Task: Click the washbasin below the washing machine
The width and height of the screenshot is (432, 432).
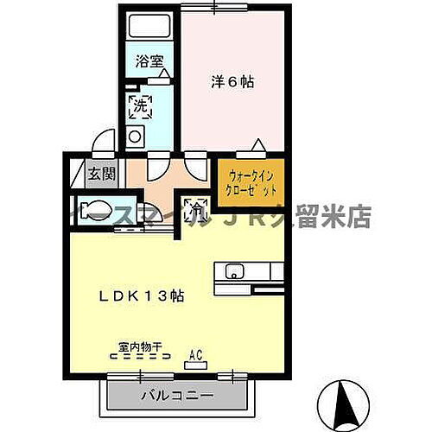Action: pyautogui.click(x=136, y=136)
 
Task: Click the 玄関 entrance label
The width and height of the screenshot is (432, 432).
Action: pyautogui.click(x=100, y=174)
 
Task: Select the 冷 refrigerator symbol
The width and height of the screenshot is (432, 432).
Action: pyautogui.click(x=198, y=207)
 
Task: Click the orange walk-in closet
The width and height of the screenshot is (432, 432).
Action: pyautogui.click(x=251, y=181)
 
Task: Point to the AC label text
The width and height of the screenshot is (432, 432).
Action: pyautogui.click(x=196, y=353)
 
